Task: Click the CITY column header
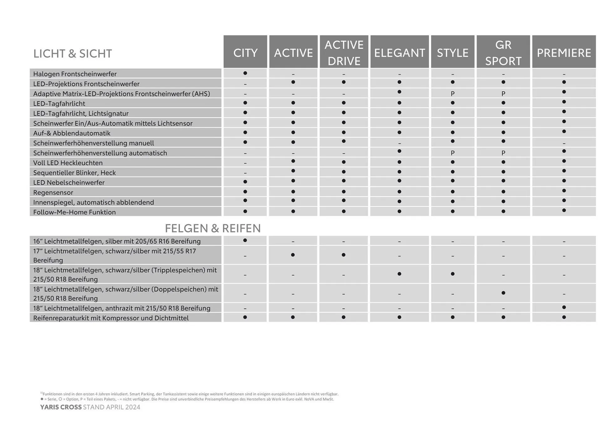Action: [x=245, y=53]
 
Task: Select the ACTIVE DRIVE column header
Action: [x=344, y=53]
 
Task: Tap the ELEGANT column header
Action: [x=399, y=53]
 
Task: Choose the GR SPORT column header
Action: [x=503, y=53]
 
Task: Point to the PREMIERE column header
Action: [x=564, y=53]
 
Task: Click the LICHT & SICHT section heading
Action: [x=72, y=54]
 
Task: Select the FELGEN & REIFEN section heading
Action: [x=213, y=228]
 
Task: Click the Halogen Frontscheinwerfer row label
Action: [x=75, y=74]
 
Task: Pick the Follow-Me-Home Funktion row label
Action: [x=74, y=212]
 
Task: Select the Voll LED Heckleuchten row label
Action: [x=68, y=163]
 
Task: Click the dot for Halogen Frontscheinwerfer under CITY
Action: [x=245, y=73]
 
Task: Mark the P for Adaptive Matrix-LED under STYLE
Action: [x=453, y=94]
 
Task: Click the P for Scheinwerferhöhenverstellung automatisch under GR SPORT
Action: [x=503, y=153]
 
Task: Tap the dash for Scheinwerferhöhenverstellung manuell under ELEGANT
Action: [x=399, y=143]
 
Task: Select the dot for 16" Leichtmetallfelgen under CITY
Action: [x=245, y=240]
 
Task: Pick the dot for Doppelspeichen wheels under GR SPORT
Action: [x=503, y=293]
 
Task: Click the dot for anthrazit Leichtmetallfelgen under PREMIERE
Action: [x=564, y=307]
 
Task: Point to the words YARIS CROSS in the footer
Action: [x=61, y=407]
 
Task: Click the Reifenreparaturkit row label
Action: [x=111, y=318]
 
